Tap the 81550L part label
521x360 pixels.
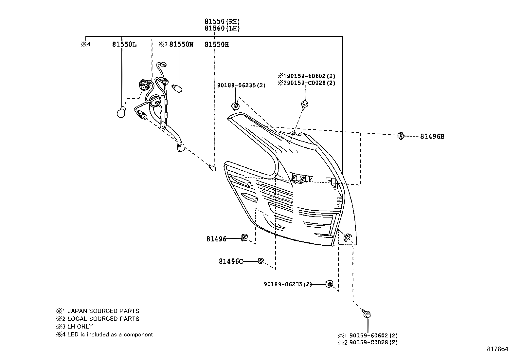[124, 45]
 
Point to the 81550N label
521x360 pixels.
[181, 45]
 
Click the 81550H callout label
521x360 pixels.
[217, 45]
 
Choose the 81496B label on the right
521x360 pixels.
[432, 137]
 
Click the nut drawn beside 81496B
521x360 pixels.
[401, 136]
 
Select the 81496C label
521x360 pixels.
[231, 261]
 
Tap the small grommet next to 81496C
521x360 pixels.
[261, 261]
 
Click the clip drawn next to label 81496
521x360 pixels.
[244, 237]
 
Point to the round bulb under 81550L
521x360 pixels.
[121, 112]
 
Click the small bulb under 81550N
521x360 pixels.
[178, 88]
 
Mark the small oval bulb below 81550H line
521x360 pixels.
[213, 168]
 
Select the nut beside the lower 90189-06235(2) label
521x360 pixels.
[330, 284]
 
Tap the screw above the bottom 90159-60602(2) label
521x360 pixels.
[367, 314]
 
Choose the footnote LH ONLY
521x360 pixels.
[80, 327]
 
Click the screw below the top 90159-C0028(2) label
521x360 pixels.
[304, 104]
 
